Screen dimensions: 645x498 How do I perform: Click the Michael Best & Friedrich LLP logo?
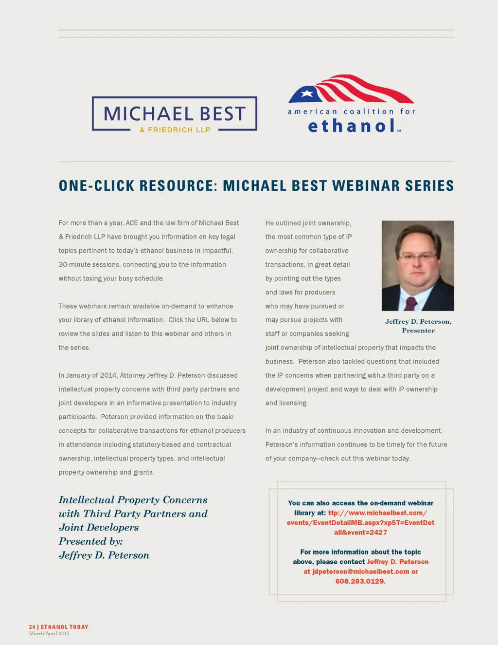(175, 114)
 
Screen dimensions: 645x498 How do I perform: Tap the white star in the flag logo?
(307, 93)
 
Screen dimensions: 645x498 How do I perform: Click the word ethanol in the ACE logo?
(351, 126)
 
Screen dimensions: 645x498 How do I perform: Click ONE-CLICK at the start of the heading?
(96, 186)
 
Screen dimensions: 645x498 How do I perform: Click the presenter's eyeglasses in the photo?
(417, 257)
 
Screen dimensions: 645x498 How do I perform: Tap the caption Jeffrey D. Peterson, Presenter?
(418, 326)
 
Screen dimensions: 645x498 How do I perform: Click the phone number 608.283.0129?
(360, 581)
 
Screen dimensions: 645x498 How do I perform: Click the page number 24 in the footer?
(32, 627)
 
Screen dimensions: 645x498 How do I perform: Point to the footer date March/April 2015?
(49, 633)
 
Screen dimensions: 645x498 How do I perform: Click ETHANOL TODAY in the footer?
(65, 627)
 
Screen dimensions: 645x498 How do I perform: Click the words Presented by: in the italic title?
(90, 541)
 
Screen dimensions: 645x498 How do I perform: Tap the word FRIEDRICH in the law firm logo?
(170, 130)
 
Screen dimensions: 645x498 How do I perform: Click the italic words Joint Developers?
(99, 528)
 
